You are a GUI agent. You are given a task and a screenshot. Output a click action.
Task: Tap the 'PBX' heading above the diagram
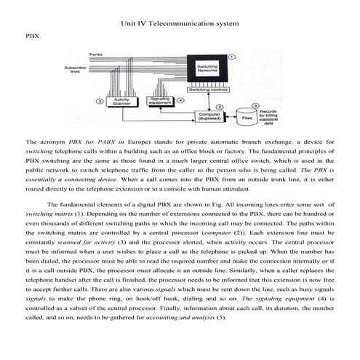point(32,34)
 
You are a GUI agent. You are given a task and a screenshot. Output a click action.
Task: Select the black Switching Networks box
point(207,71)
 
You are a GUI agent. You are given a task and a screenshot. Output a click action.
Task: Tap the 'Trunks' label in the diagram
point(95,55)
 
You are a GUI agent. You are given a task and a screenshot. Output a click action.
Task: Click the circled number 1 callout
point(231,57)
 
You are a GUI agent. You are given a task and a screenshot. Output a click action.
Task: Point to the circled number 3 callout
point(98,101)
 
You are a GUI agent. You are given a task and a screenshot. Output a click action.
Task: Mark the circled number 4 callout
point(180,100)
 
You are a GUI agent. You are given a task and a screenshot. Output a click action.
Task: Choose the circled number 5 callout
point(255,104)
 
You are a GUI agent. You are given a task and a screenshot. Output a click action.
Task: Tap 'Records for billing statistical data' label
point(280,119)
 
